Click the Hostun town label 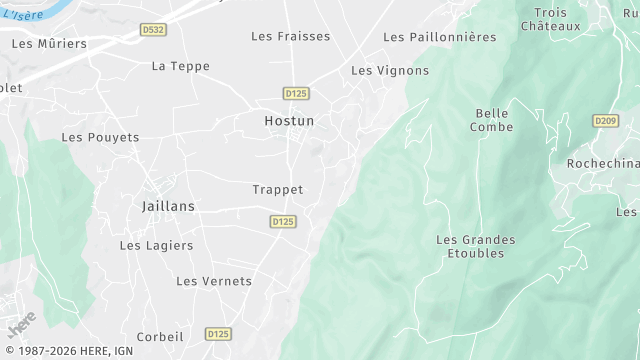289,121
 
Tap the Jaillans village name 162,205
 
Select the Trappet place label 278,189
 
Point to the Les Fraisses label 290,36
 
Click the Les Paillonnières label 439,37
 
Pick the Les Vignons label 390,71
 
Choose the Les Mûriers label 49,44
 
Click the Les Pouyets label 100,137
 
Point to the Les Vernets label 214,281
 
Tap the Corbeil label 160,337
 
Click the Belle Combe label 492,120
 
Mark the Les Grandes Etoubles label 476,246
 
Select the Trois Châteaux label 550,19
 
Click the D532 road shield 154,31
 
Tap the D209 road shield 605,121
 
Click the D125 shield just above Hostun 296,93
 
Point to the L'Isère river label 19,15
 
